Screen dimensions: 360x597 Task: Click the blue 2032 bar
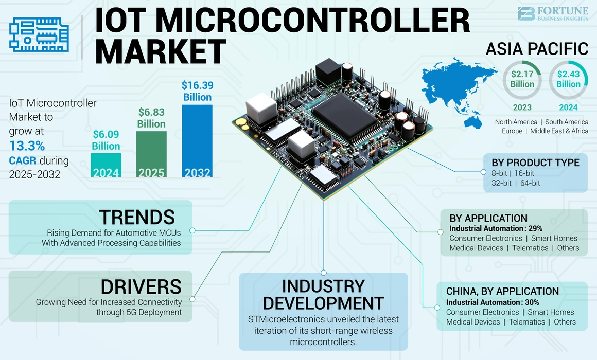[197, 141]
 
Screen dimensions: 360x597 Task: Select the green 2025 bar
[151, 154]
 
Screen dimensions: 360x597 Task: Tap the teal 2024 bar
[106, 165]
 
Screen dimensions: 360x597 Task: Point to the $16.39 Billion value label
[197, 91]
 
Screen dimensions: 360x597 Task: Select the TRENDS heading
[137, 217]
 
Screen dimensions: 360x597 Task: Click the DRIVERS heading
[141, 286]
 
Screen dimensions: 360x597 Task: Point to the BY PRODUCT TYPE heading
[536, 163]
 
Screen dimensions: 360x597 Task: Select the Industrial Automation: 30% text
[493, 302]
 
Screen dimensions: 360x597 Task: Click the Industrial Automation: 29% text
[496, 228]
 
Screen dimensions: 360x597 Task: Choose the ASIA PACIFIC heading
[537, 49]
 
